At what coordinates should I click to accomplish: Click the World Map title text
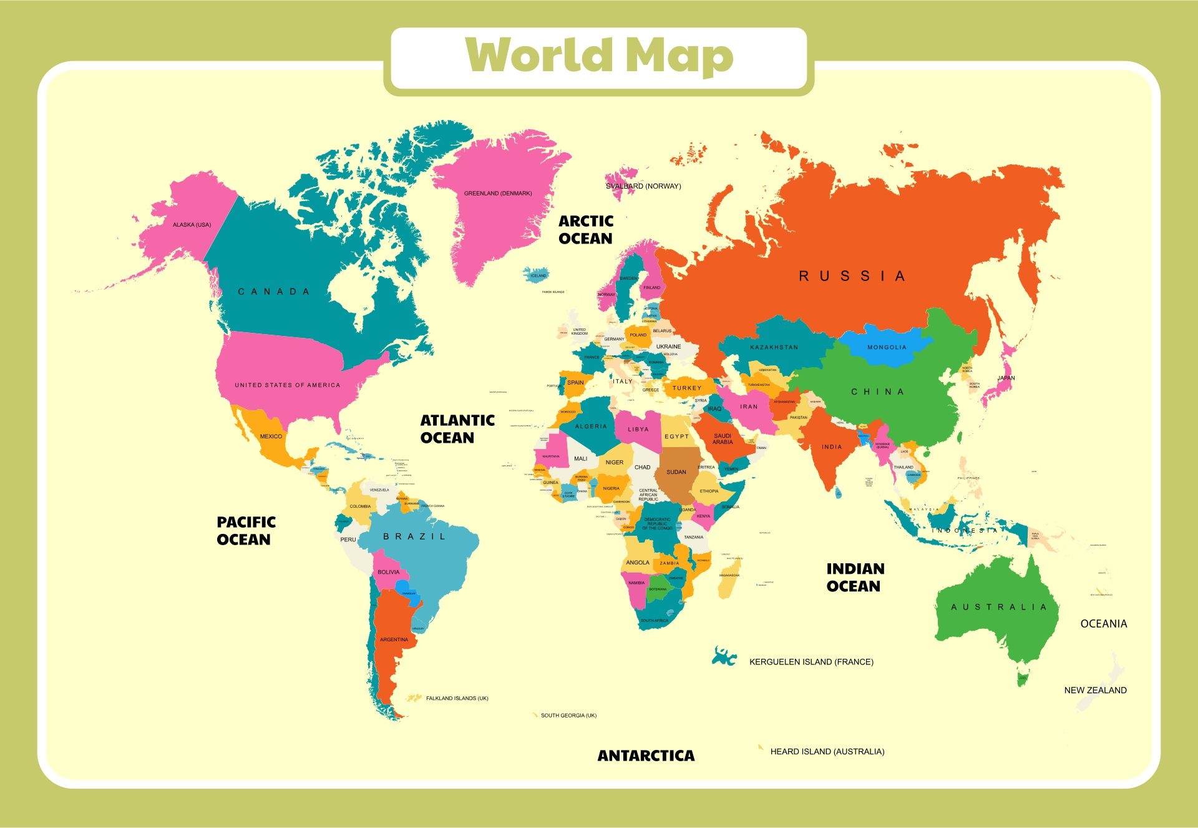point(599,56)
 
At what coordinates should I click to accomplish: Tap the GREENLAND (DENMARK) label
point(497,194)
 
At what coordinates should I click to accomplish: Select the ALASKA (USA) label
point(192,225)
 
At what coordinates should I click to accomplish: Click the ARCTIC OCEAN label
point(585,230)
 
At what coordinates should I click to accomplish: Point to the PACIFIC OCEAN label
point(246,531)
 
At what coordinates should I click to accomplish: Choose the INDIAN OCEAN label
point(855,578)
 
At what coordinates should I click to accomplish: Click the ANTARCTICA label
point(646,756)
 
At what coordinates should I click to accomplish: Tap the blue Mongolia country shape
point(886,348)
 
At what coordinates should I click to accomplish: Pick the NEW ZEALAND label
point(1095,690)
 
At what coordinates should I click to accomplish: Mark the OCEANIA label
point(1103,624)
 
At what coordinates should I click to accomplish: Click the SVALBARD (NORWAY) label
point(643,186)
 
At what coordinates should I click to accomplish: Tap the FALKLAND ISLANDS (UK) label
point(457,698)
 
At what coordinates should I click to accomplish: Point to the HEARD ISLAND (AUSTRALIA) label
point(827,752)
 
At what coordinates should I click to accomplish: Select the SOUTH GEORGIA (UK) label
point(568,716)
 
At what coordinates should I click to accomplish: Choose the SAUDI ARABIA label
point(723,439)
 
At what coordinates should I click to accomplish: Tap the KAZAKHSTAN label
point(774,347)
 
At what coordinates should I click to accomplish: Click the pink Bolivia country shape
point(390,573)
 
